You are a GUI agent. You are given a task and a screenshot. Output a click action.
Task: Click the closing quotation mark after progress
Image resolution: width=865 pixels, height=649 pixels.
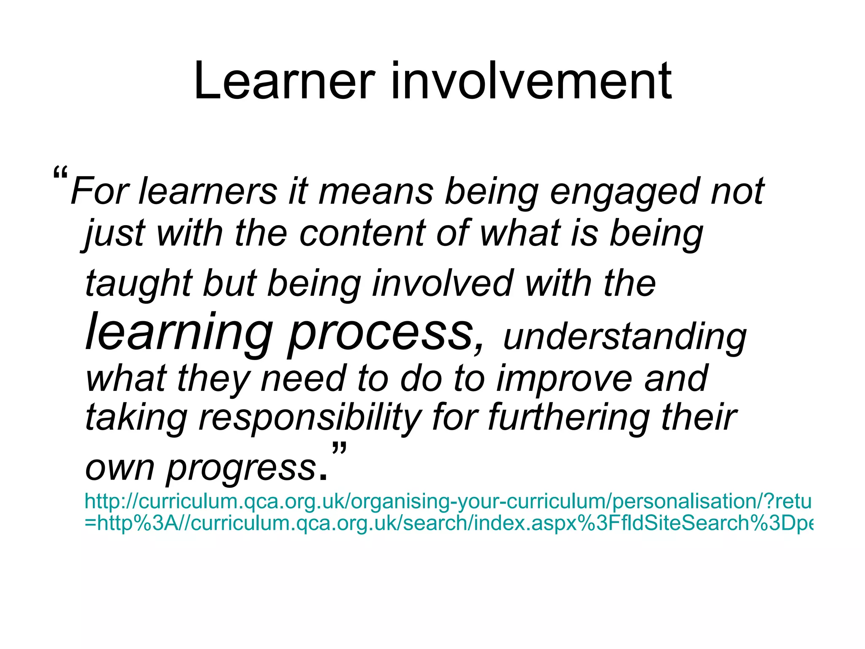click(339, 448)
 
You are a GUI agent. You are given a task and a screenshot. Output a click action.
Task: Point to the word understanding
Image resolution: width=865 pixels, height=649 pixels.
click(625, 338)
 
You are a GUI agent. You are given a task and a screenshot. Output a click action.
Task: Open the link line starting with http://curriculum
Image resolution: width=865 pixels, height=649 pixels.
click(448, 502)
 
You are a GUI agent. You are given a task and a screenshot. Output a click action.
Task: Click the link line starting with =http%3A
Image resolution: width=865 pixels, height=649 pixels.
click(448, 523)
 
